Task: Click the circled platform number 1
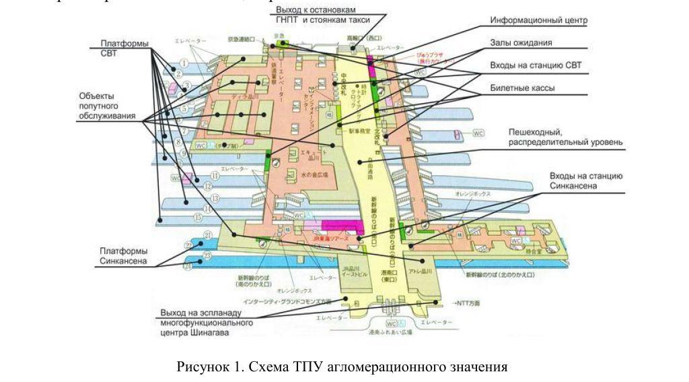coord(182,63)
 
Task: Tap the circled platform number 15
coord(198,218)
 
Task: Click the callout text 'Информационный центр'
coord(538,21)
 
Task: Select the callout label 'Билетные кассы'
coord(521,88)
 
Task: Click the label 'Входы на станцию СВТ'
coord(536,65)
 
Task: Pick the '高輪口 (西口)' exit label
coord(364,38)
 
